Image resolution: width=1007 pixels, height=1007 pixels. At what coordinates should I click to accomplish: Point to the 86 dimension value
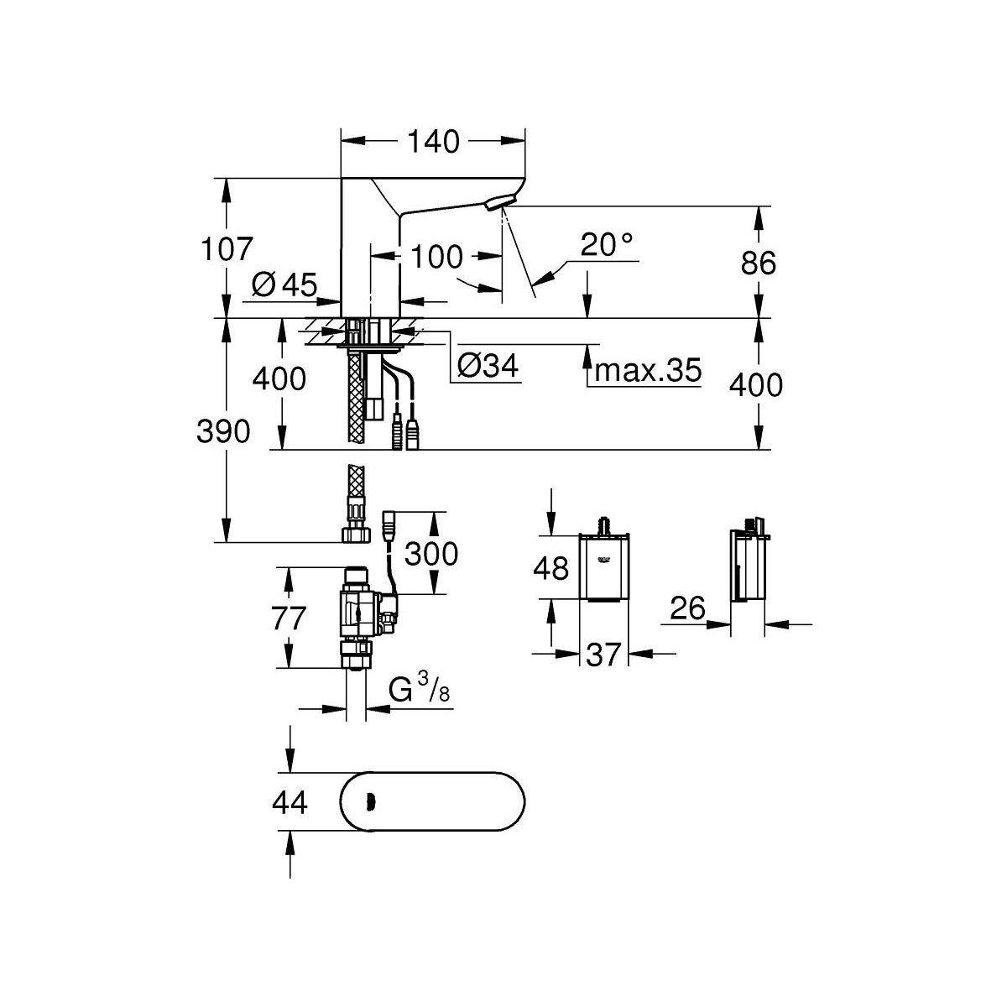click(759, 263)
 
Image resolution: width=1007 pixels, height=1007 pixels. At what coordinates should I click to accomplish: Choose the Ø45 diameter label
click(284, 286)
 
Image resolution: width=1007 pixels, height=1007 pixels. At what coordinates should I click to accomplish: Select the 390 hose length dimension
click(223, 431)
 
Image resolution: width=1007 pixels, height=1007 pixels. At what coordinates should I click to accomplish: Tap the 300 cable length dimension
click(430, 553)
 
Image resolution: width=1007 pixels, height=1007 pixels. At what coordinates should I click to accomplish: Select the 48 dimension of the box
click(552, 569)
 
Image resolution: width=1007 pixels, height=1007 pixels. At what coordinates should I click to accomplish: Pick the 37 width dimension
click(603, 655)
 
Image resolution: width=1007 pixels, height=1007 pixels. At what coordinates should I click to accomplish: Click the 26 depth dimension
click(688, 607)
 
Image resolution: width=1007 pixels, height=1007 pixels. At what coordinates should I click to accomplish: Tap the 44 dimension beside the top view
click(290, 803)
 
